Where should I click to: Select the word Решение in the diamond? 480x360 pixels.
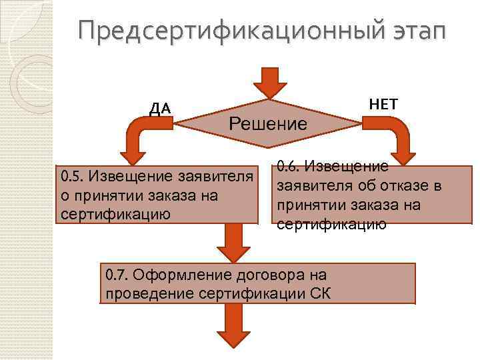[x=268, y=123]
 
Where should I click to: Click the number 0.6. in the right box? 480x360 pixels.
[x=288, y=165]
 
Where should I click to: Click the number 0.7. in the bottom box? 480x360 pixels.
[x=119, y=274]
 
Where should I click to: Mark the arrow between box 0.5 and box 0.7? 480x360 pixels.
[x=234, y=241]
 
